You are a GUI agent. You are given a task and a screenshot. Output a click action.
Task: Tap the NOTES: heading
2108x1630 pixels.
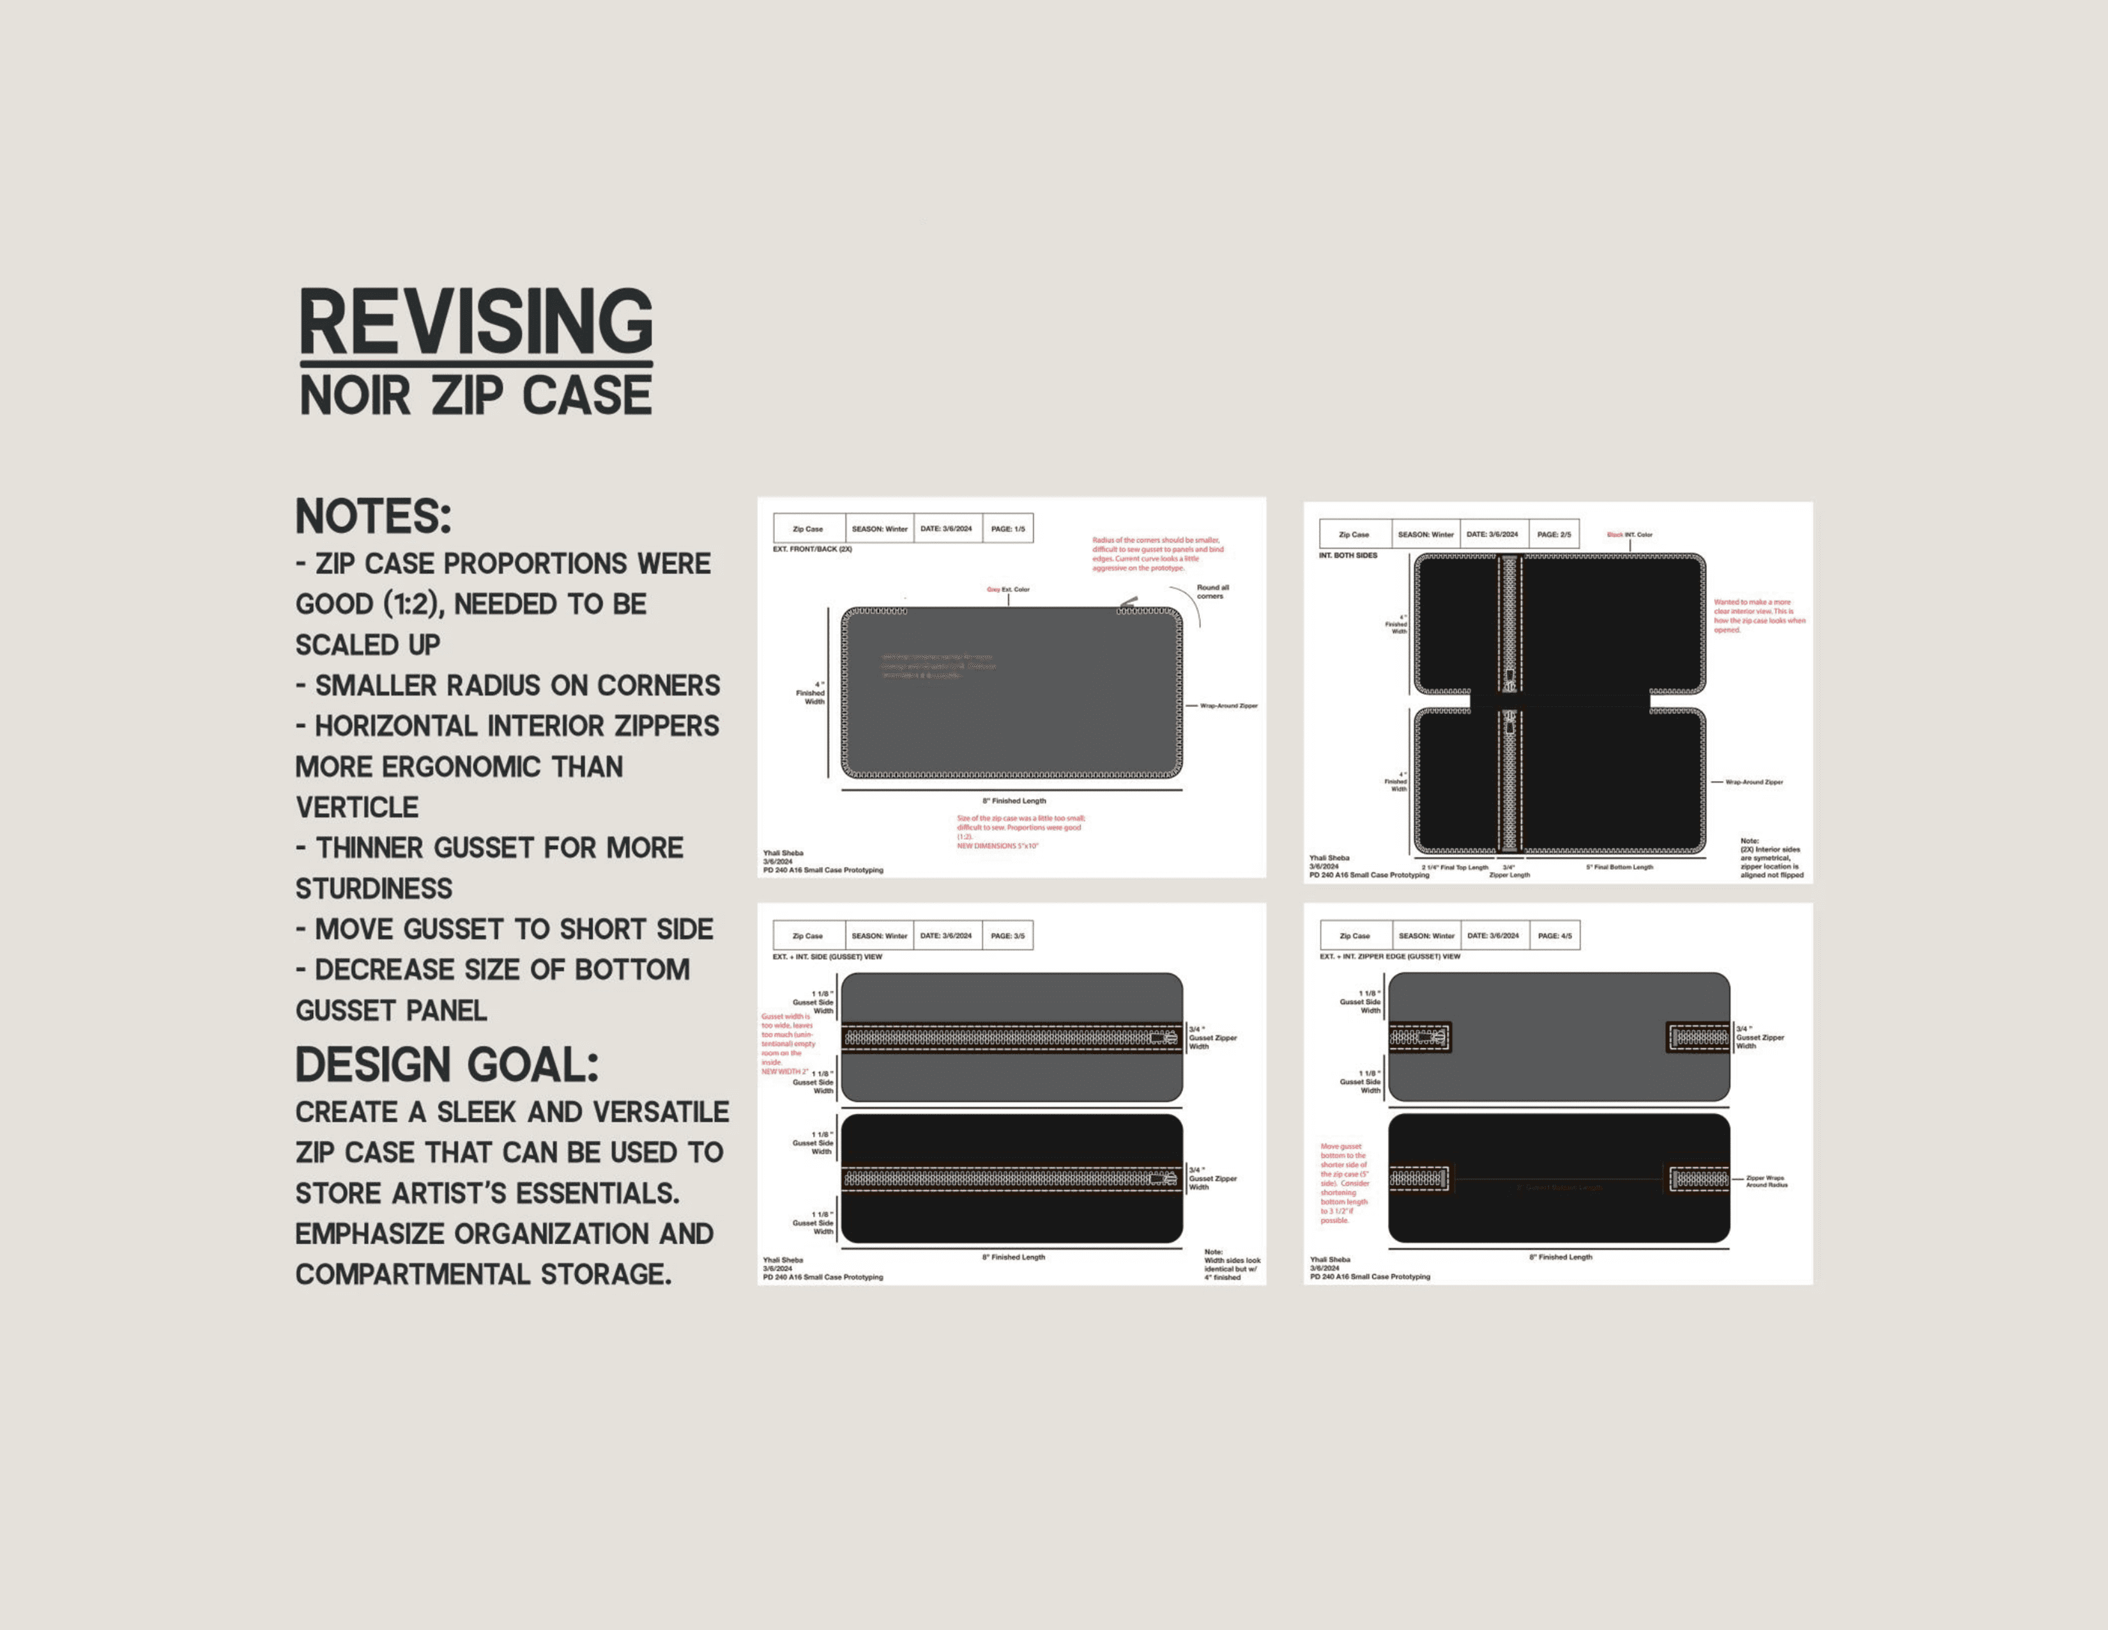pyautogui.click(x=372, y=516)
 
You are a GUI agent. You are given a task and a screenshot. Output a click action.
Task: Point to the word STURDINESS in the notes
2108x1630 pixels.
pyautogui.click(x=374, y=889)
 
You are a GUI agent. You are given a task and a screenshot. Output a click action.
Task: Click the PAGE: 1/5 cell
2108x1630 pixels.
pyautogui.click(x=1007, y=529)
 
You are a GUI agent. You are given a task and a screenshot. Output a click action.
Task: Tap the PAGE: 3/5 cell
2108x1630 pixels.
pyautogui.click(x=1007, y=936)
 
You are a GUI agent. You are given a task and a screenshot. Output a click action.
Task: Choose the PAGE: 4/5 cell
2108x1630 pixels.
pyautogui.click(x=1555, y=936)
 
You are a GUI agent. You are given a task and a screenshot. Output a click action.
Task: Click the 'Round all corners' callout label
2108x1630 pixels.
pyautogui.click(x=1212, y=592)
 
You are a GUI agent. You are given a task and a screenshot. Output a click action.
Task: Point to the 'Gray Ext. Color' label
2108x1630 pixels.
pyautogui.click(x=1007, y=589)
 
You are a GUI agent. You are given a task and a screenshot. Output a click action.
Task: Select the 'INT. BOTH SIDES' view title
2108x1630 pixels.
pyautogui.click(x=1347, y=555)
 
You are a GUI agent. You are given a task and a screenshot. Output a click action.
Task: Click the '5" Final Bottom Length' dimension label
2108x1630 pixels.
pyautogui.click(x=1619, y=867)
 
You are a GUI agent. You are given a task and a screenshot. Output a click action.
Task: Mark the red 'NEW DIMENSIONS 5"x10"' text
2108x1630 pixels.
pyautogui.click(x=997, y=846)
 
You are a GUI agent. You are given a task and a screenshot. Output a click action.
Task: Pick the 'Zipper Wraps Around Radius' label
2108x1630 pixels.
pyautogui.click(x=1766, y=1181)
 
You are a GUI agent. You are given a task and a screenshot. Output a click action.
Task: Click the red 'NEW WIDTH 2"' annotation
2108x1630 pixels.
pyautogui.click(x=784, y=1072)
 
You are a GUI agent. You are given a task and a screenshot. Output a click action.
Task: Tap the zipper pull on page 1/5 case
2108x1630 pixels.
pyautogui.click(x=1127, y=603)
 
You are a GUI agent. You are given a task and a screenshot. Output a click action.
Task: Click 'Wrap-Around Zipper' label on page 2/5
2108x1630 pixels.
pyautogui.click(x=1753, y=782)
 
